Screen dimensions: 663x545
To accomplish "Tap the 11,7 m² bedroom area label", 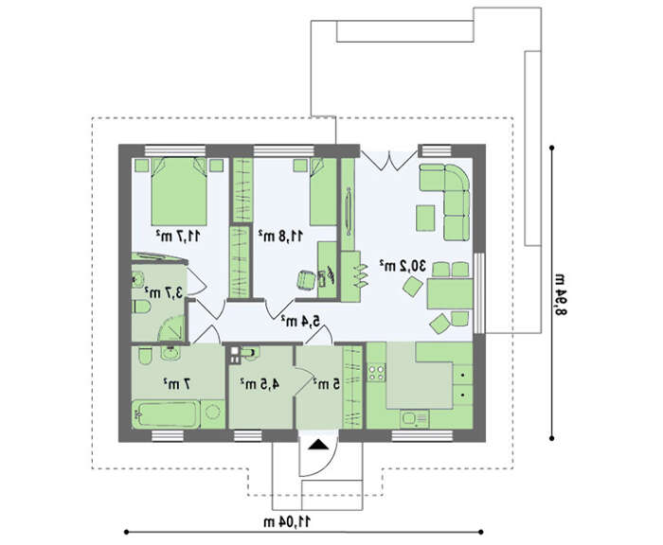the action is pyautogui.click(x=178, y=236).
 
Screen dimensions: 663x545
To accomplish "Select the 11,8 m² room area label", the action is pyautogui.click(x=280, y=236).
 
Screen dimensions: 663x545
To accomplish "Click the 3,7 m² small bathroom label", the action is pyautogui.click(x=164, y=292).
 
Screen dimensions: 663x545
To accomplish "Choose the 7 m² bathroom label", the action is pyautogui.click(x=178, y=383).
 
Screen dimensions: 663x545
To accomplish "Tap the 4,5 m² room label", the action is pyautogui.click(x=260, y=383).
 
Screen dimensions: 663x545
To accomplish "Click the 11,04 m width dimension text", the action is pyautogui.click(x=288, y=521).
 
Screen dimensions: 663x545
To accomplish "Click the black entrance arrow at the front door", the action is pyautogui.click(x=317, y=444).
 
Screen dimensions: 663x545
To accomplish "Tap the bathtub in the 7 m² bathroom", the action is pyautogui.click(x=166, y=414).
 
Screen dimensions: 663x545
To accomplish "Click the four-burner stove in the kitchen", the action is pyautogui.click(x=376, y=372).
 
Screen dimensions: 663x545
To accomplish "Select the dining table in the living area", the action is pyautogui.click(x=450, y=293).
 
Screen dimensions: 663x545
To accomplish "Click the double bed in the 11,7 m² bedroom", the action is pyautogui.click(x=179, y=191).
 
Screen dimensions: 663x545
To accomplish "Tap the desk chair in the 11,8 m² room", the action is pyautogui.click(x=306, y=279).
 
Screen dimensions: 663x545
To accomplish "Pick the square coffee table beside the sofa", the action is pyautogui.click(x=425, y=218).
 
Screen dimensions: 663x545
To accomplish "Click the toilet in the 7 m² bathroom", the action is pyautogui.click(x=145, y=356).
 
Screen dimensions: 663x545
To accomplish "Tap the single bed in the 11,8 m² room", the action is pyautogui.click(x=324, y=192).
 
